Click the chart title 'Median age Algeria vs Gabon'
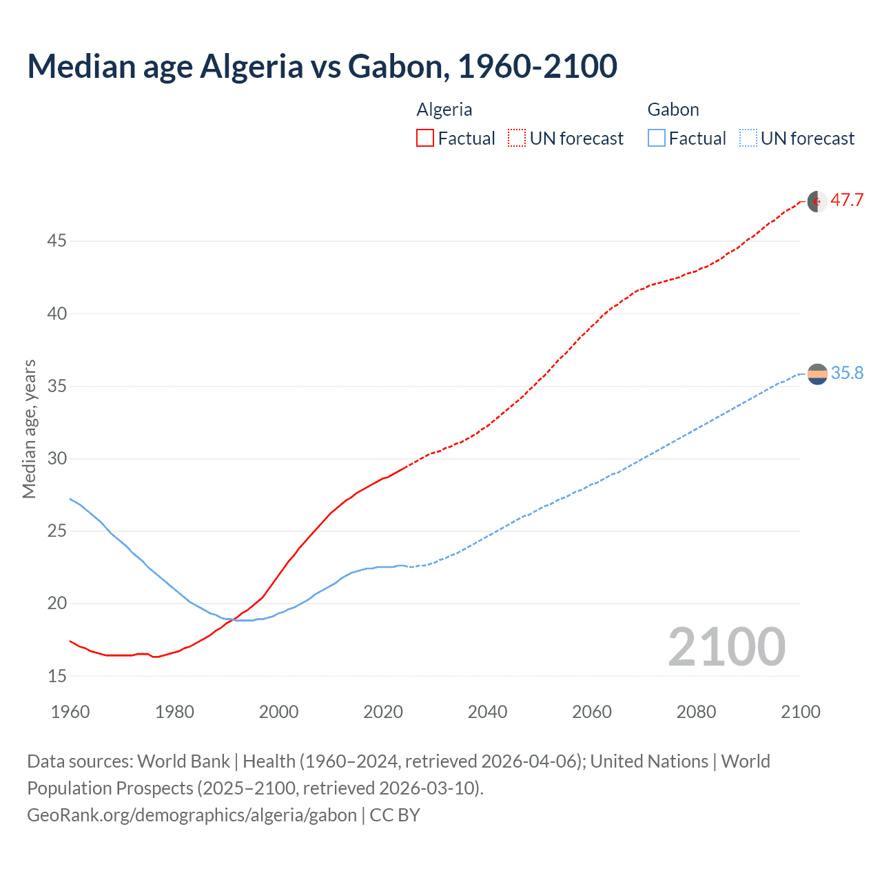tap(322, 66)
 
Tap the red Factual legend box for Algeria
tap(425, 139)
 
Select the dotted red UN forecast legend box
tap(517, 139)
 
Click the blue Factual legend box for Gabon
tap(656, 139)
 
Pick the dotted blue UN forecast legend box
tap(748, 139)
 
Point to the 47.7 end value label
tap(847, 201)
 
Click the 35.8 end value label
tap(847, 373)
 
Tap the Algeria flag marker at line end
tap(817, 201)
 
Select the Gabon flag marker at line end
tap(817, 373)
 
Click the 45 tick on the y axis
tap(57, 241)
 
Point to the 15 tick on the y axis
tap(57, 676)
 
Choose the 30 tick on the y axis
tap(57, 458)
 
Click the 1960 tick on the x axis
tap(70, 712)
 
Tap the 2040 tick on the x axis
tap(487, 712)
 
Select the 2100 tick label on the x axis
tap(800, 712)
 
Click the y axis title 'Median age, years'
tap(29, 429)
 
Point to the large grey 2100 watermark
tap(726, 647)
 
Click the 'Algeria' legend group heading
tap(444, 110)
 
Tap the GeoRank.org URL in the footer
tap(192, 815)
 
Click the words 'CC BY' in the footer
tap(395, 815)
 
